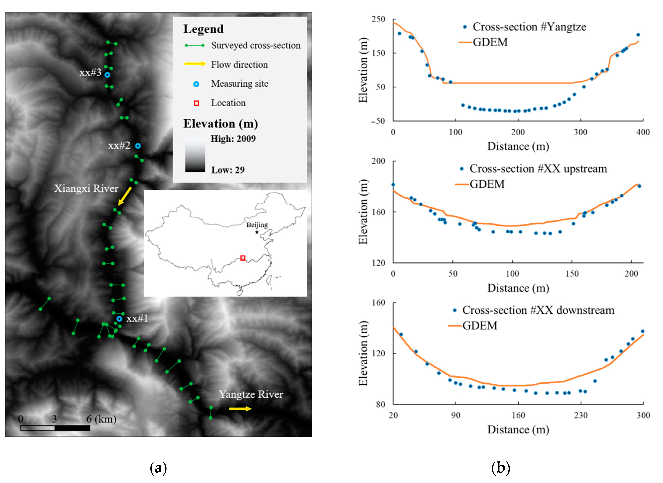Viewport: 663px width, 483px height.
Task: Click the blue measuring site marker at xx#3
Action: pos(107,75)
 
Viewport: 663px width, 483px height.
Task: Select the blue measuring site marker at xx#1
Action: pos(119,319)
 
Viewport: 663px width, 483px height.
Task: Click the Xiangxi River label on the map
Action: pos(86,189)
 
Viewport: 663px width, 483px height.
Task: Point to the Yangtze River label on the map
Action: pos(251,394)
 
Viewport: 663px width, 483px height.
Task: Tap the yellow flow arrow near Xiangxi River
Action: pos(125,196)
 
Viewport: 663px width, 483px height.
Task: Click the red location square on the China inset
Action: pos(243,258)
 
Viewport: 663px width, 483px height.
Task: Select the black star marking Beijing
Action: pos(257,232)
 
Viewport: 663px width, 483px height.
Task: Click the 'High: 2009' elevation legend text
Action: pos(233,139)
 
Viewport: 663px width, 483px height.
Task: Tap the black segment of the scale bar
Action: pos(72,428)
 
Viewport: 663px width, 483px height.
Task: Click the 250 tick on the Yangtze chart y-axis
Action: pos(378,19)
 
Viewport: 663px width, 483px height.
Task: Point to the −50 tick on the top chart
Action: pos(378,121)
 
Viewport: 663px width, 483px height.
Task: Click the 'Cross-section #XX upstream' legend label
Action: pos(538,169)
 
